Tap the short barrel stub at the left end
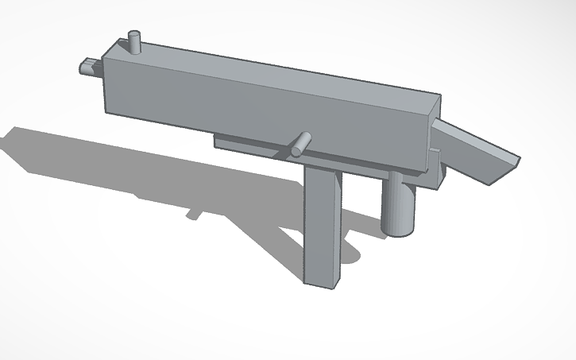(x=87, y=68)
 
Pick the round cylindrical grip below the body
(x=398, y=206)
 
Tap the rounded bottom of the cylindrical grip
(x=398, y=230)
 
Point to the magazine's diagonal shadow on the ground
(x=270, y=238)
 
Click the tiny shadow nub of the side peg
(x=193, y=214)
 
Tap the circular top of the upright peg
(x=135, y=34)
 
